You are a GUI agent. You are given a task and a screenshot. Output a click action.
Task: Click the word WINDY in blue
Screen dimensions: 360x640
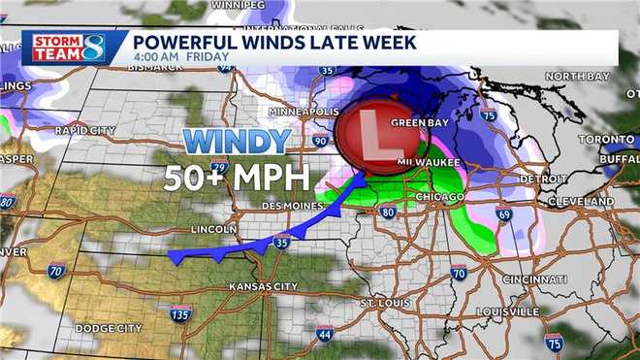point(237,142)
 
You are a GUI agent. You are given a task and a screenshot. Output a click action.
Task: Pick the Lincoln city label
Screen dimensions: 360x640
point(215,229)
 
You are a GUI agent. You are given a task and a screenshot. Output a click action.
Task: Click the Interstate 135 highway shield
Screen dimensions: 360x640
point(179,315)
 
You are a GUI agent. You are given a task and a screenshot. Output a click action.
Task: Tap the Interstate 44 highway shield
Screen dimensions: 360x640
point(323,335)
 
